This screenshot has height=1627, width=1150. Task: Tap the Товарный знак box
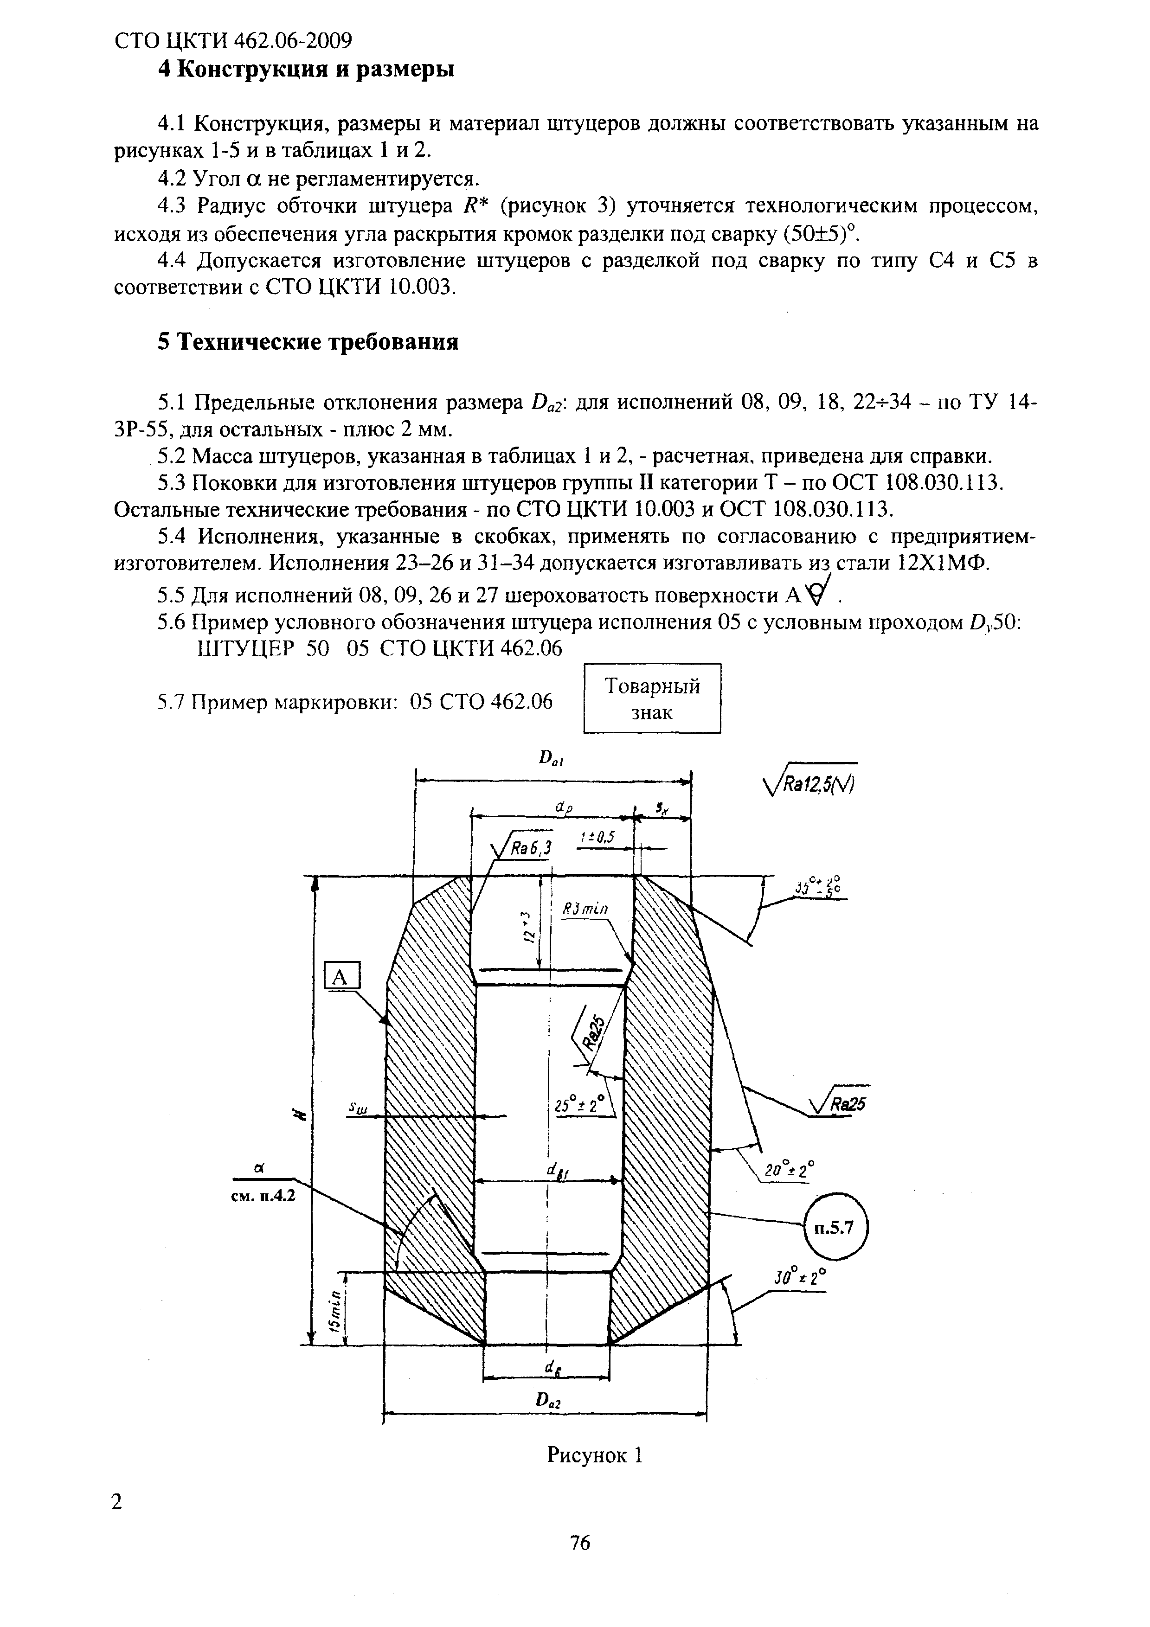coord(652,698)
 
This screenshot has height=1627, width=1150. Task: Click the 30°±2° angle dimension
coord(798,1278)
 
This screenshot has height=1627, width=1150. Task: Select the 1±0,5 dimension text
coord(596,838)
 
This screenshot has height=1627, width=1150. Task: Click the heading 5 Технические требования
coord(308,342)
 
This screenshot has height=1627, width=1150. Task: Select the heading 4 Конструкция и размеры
coord(305,70)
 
